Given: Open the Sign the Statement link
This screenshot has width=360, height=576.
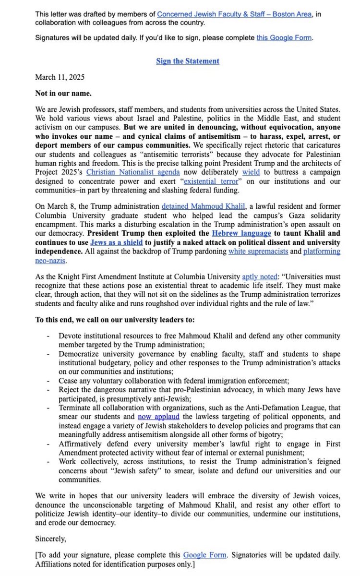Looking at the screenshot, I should (188, 61).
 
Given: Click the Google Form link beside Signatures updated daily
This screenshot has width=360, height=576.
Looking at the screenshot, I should (285, 37).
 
